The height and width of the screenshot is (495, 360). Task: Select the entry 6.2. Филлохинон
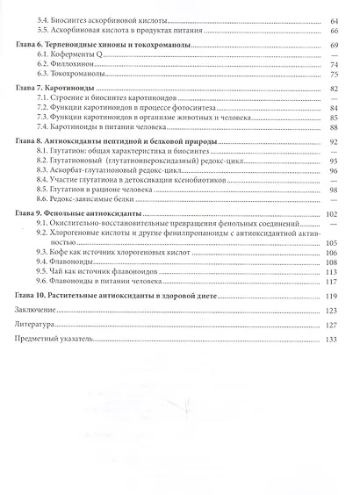[x=65, y=66]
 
